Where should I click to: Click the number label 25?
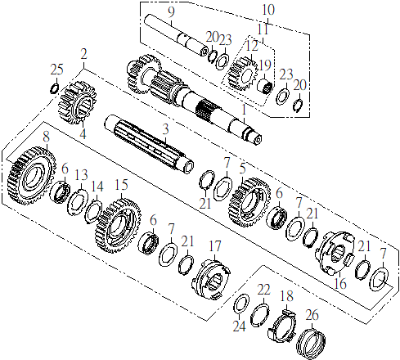click(x=56, y=70)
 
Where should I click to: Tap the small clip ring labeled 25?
click(x=55, y=88)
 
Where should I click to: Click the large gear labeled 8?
click(x=32, y=176)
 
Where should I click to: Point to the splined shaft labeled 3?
click(x=150, y=144)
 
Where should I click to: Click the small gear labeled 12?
click(x=243, y=74)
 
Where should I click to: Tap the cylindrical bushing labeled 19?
click(x=265, y=86)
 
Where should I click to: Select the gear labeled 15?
click(x=119, y=225)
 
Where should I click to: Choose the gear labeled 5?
click(x=249, y=202)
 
